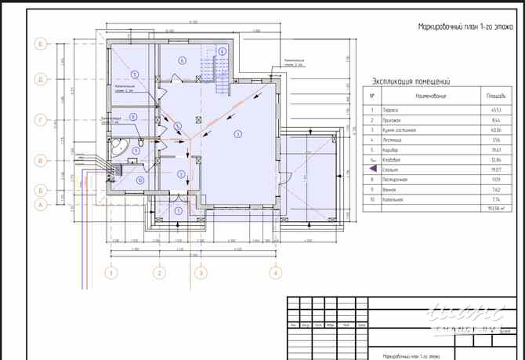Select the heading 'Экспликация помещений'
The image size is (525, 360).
408,81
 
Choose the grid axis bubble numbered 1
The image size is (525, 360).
112,273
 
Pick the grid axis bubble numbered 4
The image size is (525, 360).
275,273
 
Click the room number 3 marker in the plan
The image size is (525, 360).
236,135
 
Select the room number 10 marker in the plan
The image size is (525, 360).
139,180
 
